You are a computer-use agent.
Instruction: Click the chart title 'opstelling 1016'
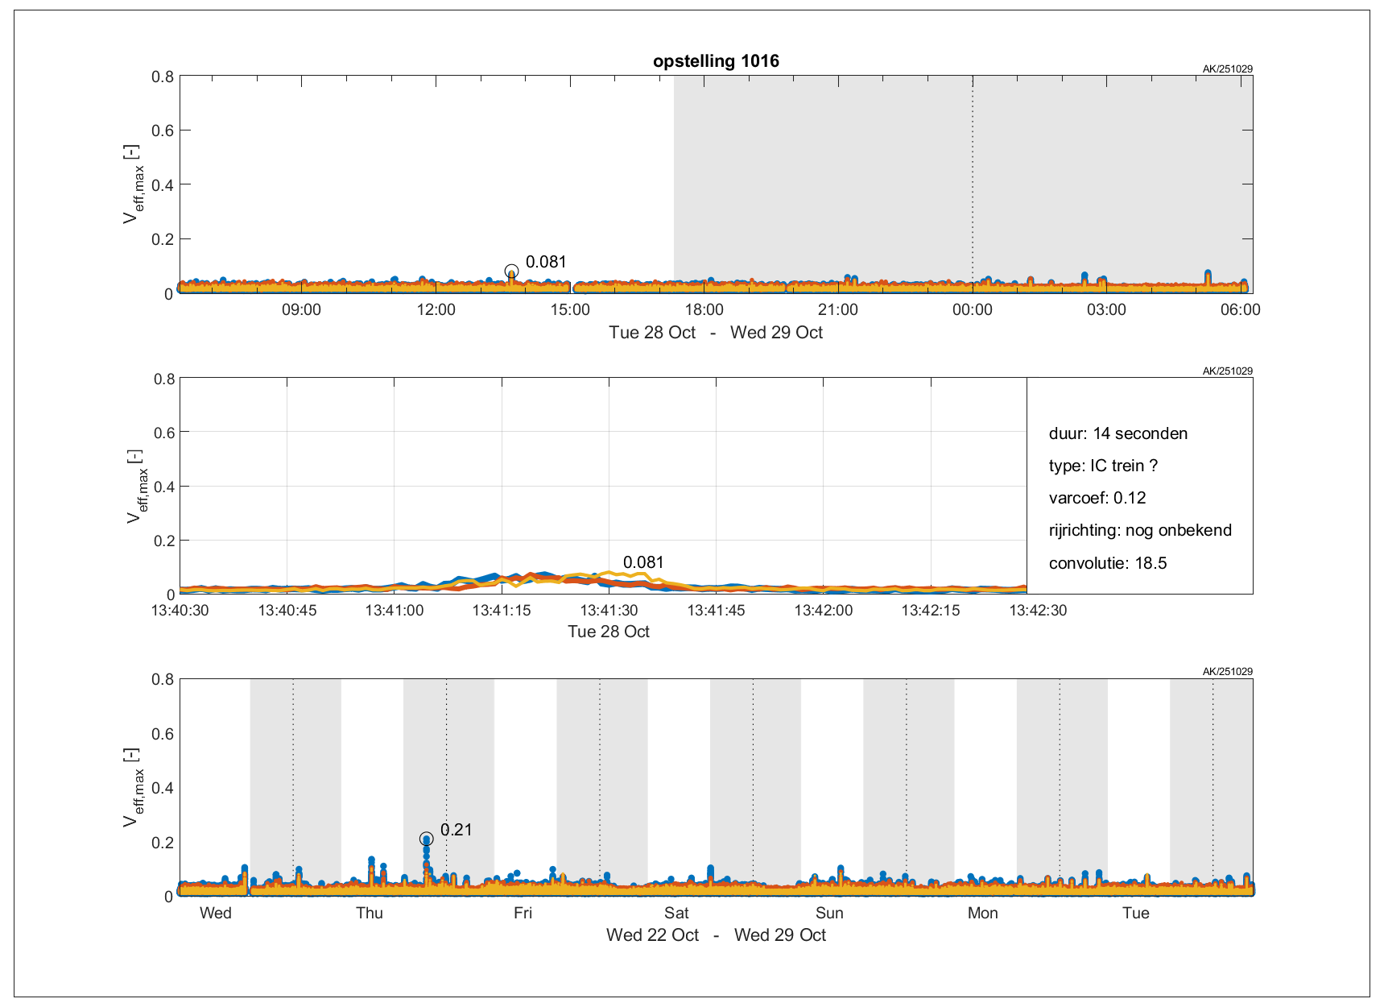point(716,61)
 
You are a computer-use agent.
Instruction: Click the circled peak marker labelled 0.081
point(511,271)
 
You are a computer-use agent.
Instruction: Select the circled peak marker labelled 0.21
point(427,839)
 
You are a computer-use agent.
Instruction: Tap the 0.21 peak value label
point(456,830)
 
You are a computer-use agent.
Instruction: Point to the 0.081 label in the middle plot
point(643,562)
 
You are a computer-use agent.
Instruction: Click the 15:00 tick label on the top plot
point(570,310)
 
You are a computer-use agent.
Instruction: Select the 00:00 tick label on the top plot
point(972,310)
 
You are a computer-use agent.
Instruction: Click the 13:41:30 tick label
point(609,611)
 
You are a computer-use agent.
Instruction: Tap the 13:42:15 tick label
point(930,611)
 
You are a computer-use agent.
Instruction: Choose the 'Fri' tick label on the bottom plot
point(523,913)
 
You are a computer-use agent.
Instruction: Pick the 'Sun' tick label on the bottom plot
point(829,913)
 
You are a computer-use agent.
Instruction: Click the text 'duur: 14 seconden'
point(1118,433)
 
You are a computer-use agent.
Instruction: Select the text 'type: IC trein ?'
point(1103,466)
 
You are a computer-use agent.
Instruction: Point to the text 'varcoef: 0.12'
point(1097,498)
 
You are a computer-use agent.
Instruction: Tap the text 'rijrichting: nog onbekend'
point(1140,530)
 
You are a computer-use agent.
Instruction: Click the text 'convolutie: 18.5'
point(1107,563)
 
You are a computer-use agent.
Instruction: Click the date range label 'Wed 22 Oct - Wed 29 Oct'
point(716,935)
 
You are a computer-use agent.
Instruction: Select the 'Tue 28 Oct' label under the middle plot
point(609,632)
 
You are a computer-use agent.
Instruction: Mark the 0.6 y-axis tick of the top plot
point(163,131)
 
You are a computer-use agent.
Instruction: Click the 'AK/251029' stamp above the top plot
point(1227,69)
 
